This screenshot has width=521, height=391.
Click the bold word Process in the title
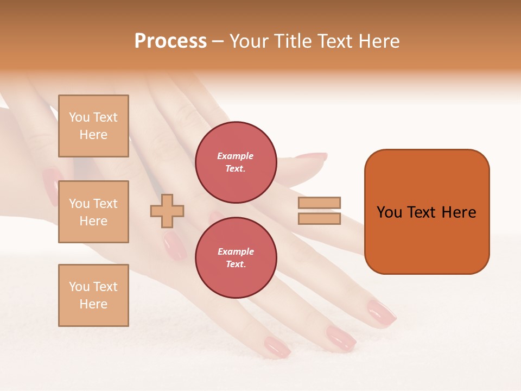click(x=170, y=41)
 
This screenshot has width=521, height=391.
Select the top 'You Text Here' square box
click(x=93, y=126)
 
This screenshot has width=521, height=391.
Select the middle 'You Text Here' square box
click(x=93, y=212)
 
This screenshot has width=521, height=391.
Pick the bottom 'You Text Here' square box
click(x=93, y=295)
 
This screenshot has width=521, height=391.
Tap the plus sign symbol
click(x=167, y=210)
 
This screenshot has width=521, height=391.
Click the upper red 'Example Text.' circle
click(x=236, y=162)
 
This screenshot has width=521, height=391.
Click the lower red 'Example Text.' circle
click(x=236, y=258)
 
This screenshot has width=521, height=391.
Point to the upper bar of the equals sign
click(x=319, y=203)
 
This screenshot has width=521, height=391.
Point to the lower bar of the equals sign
click(x=319, y=218)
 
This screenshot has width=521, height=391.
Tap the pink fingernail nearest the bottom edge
click(x=277, y=346)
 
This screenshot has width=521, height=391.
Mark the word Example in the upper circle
click(x=236, y=156)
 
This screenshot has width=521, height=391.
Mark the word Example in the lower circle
click(x=236, y=251)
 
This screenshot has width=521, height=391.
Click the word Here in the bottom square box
click(x=93, y=304)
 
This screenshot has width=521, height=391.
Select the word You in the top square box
click(x=79, y=117)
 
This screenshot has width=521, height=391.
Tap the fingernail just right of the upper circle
click(x=310, y=157)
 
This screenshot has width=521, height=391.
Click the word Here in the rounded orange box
click(x=459, y=212)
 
